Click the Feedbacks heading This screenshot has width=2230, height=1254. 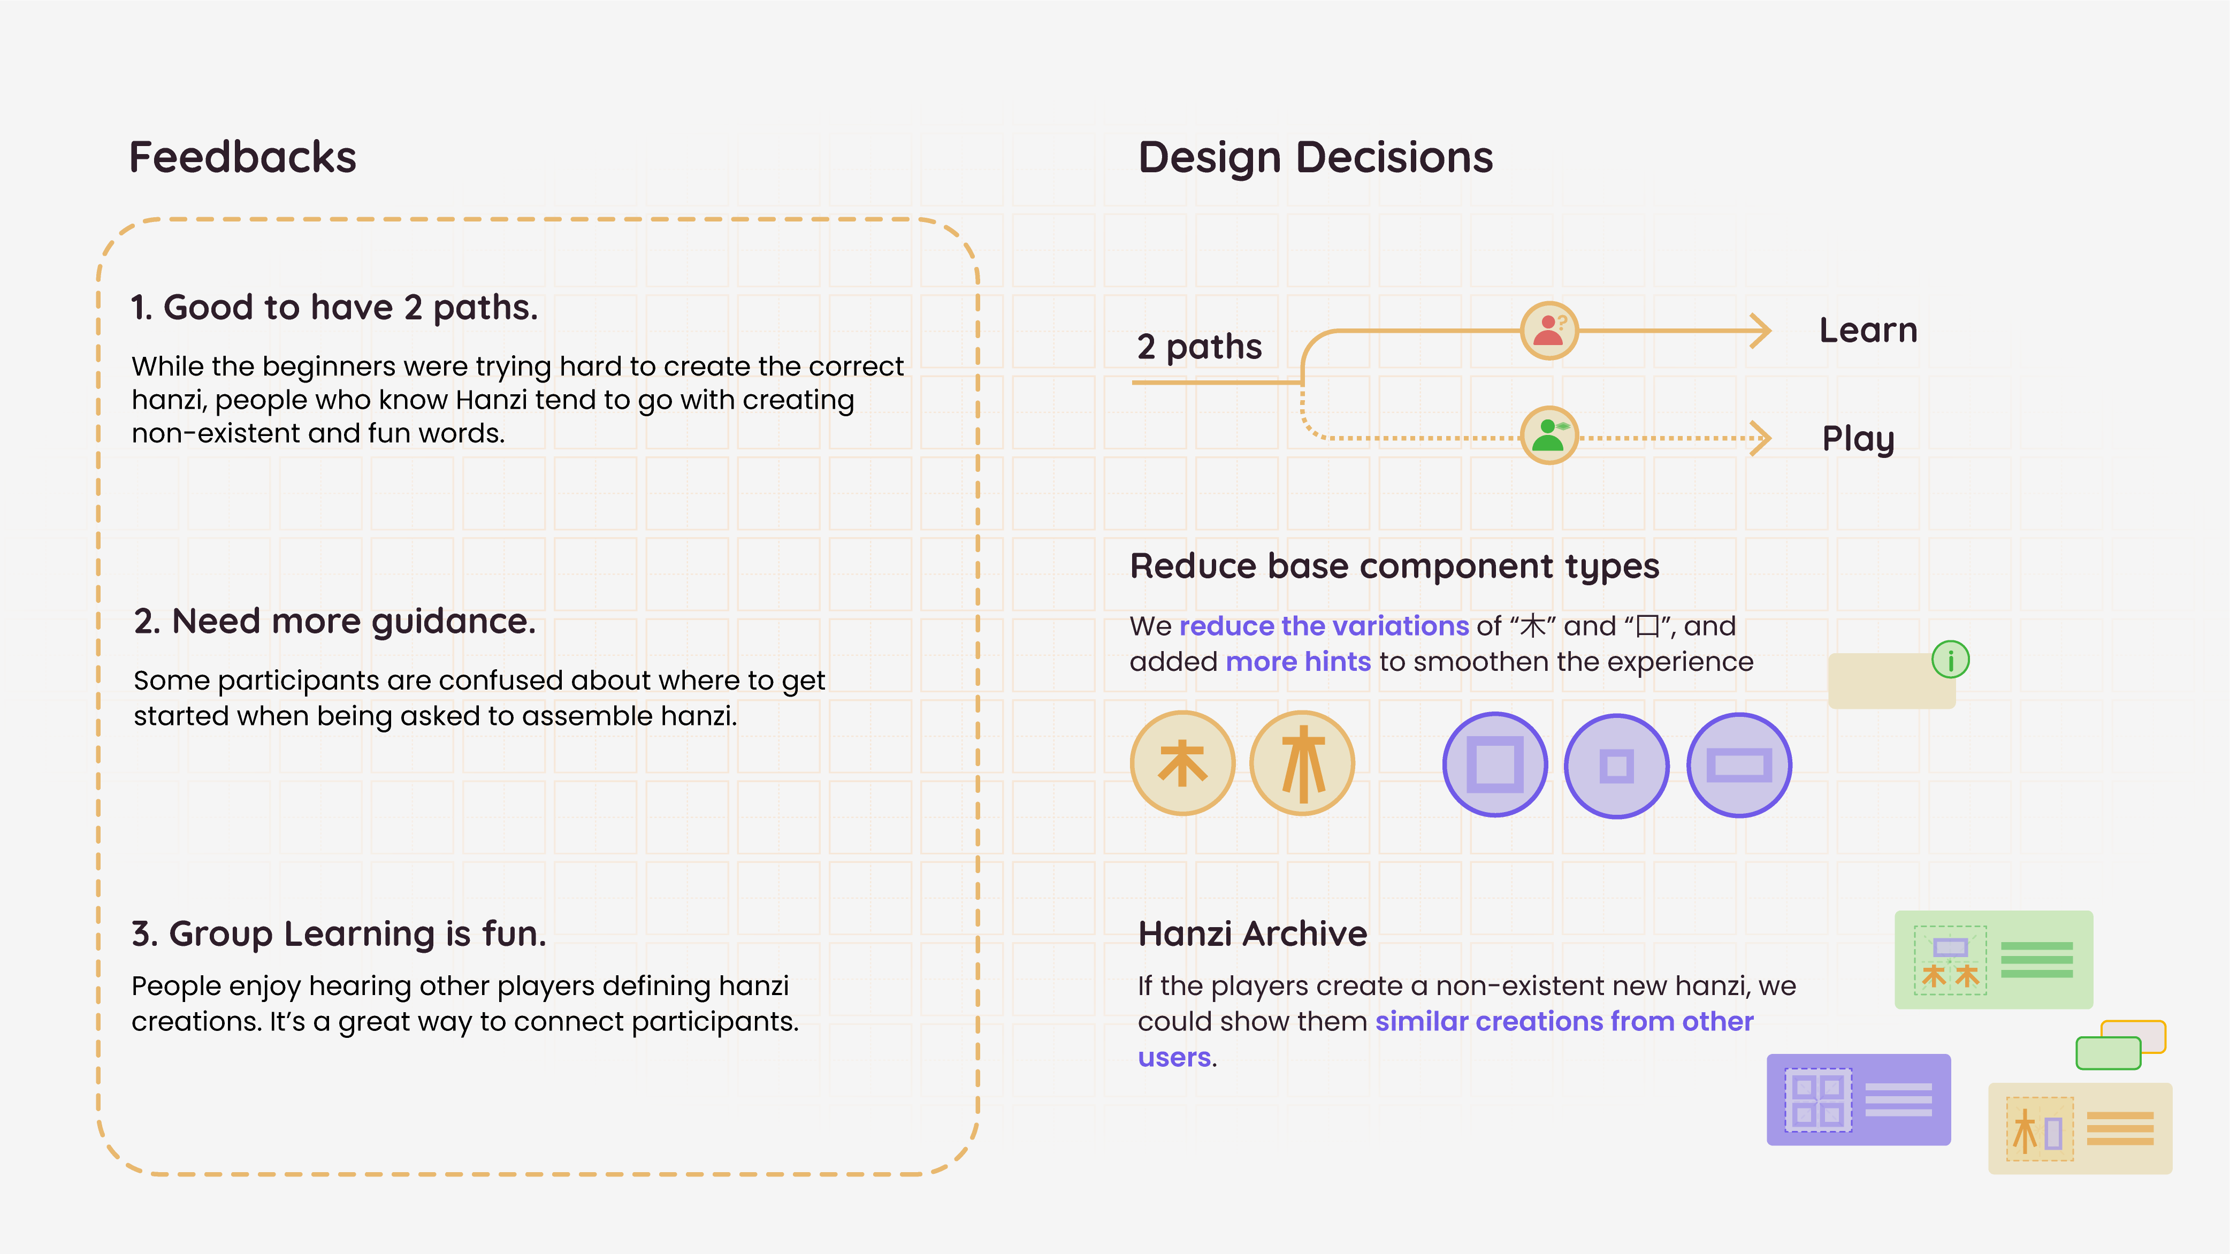[x=242, y=157]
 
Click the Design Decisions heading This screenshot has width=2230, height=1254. [x=1315, y=157]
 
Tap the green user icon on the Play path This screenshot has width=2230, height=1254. [x=1549, y=435]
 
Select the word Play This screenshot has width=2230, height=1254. [x=1858, y=438]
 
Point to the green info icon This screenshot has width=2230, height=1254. [x=1950, y=660]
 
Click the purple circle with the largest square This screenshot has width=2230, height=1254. [x=1495, y=764]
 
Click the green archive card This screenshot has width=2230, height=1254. [x=1993, y=959]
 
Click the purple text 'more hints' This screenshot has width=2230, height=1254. [x=1297, y=662]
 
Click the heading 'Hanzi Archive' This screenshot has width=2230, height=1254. [x=1252, y=934]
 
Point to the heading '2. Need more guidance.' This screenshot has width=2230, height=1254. [x=335, y=621]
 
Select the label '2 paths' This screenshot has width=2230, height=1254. [x=1199, y=347]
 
